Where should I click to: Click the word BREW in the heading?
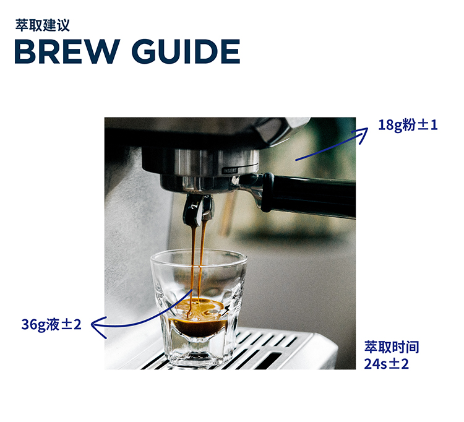pyautogui.click(x=67, y=51)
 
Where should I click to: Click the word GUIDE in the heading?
pyautogui.click(x=186, y=51)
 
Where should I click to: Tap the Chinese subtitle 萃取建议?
pyautogui.click(x=43, y=25)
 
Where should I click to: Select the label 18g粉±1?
pyautogui.click(x=408, y=125)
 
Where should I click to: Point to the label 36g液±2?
pyautogui.click(x=51, y=325)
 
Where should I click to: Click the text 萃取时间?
pyautogui.click(x=392, y=347)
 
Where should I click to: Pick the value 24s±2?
pyautogui.click(x=386, y=364)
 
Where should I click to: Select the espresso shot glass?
pyautogui.click(x=199, y=308)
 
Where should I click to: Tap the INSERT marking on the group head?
pyautogui.click(x=230, y=170)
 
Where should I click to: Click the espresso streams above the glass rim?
pyautogui.click(x=197, y=237)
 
